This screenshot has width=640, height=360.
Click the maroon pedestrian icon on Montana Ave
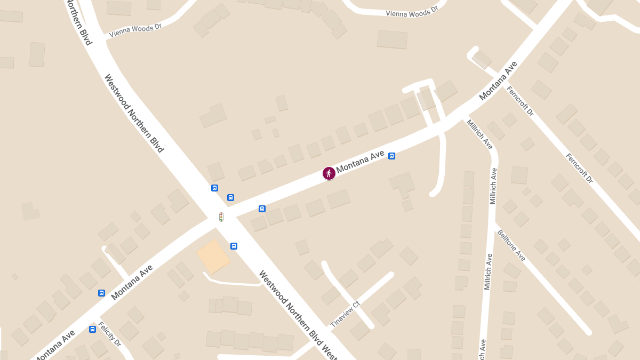point(329,173)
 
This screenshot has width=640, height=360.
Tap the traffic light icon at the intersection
point(221,217)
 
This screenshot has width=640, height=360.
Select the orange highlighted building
point(213,256)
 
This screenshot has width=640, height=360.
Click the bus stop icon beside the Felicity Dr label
point(93,329)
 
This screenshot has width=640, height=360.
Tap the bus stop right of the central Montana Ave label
point(391,156)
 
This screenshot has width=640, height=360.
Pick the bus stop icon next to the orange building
point(234,246)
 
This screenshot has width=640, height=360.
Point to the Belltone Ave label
point(511,245)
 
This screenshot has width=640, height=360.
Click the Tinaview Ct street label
point(346,315)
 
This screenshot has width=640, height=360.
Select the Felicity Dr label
point(110,334)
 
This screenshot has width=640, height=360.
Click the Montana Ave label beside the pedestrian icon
point(361,161)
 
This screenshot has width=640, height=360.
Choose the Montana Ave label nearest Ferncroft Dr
point(498,81)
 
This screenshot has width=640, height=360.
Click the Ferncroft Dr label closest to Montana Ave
point(520,101)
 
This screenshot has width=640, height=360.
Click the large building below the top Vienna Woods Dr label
point(392,39)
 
